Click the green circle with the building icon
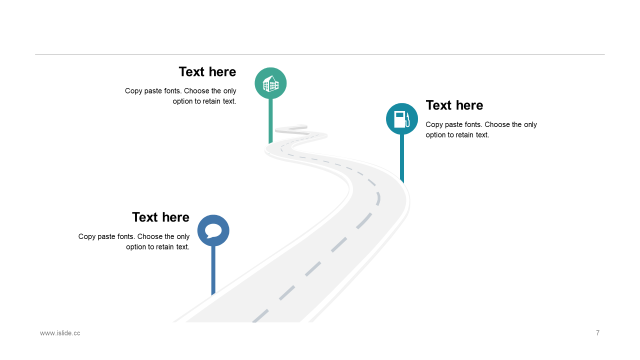tap(270, 83)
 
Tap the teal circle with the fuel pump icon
tap(401, 119)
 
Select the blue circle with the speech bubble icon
tap(213, 230)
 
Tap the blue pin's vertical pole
tap(213, 270)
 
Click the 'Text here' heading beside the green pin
tap(207, 72)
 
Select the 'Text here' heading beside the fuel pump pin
tap(454, 105)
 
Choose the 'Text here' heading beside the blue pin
tap(160, 217)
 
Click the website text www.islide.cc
tap(60, 333)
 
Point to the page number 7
tap(597, 333)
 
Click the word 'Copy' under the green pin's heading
tap(133, 91)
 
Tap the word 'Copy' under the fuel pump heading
tap(434, 124)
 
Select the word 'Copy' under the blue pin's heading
tap(87, 236)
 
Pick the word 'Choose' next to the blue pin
tap(149, 236)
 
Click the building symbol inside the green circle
tap(270, 83)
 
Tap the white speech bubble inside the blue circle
tap(213, 230)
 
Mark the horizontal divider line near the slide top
tap(320, 54)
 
